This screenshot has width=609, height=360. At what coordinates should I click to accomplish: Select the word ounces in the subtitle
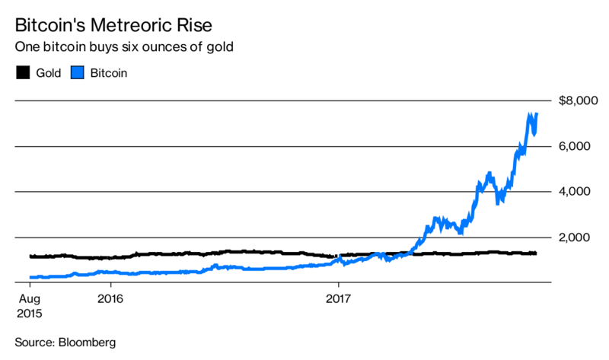pyautogui.click(x=167, y=47)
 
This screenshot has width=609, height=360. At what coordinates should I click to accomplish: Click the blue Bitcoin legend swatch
pyautogui.click(x=77, y=73)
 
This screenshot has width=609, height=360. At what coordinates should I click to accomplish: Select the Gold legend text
pyautogui.click(x=47, y=73)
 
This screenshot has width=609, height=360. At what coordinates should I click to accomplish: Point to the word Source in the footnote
pyautogui.click(x=33, y=343)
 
